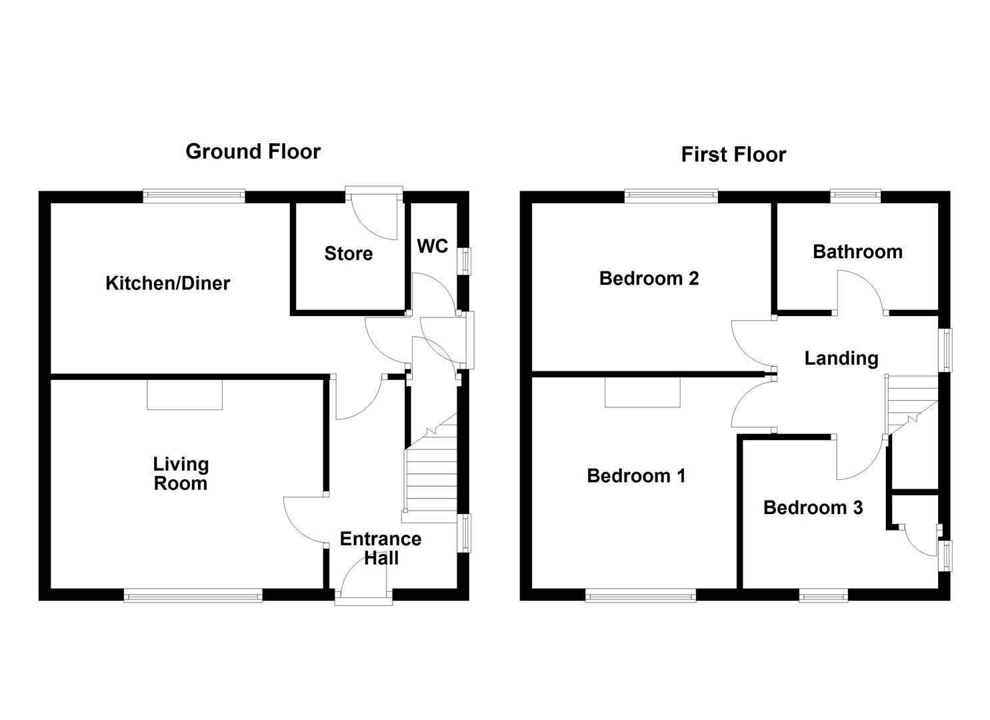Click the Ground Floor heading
253,151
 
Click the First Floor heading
733,155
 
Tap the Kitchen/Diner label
167,283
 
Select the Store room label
348,253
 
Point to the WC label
432,246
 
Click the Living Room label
181,474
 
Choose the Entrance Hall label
381,549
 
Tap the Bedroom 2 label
649,279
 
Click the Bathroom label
857,251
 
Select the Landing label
841,359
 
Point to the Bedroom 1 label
636,476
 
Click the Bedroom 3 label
813,507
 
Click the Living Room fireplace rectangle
185,395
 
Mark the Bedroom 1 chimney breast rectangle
642,393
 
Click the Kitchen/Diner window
194,196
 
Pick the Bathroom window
855,196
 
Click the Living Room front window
193,595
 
